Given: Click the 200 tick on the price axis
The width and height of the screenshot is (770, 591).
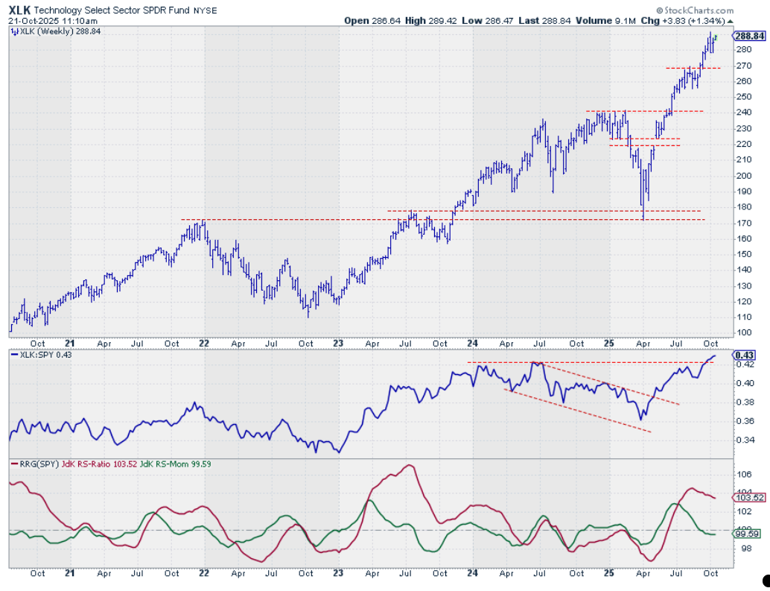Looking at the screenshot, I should [x=743, y=176].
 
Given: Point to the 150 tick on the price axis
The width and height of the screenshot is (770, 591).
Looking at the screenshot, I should [x=743, y=254].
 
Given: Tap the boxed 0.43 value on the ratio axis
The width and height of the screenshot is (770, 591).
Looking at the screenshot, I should [x=745, y=355].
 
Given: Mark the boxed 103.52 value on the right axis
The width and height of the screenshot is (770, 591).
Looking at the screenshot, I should [x=748, y=497].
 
